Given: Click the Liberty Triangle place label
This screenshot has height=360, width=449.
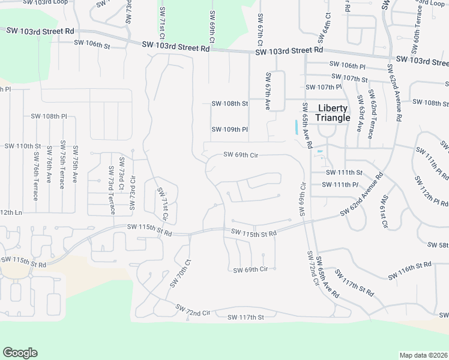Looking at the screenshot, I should click(333, 113).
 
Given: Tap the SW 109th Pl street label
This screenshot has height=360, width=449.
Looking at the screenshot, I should click(230, 130).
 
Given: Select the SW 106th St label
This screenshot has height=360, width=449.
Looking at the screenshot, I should click(92, 44).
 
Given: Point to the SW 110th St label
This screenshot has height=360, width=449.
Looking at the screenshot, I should click(22, 146).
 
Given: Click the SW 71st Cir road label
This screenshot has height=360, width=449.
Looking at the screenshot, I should click(161, 202).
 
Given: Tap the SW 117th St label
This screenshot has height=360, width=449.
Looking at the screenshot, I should click(244, 317).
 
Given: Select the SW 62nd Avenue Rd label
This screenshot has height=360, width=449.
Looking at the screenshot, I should click(361, 196).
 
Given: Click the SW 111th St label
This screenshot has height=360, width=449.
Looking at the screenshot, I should click(345, 173).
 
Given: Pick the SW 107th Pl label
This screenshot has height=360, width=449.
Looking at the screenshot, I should click(324, 88).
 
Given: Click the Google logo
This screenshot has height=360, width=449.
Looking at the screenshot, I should click(20, 353).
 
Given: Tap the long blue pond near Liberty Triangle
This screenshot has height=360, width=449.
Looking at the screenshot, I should click(297, 127).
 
